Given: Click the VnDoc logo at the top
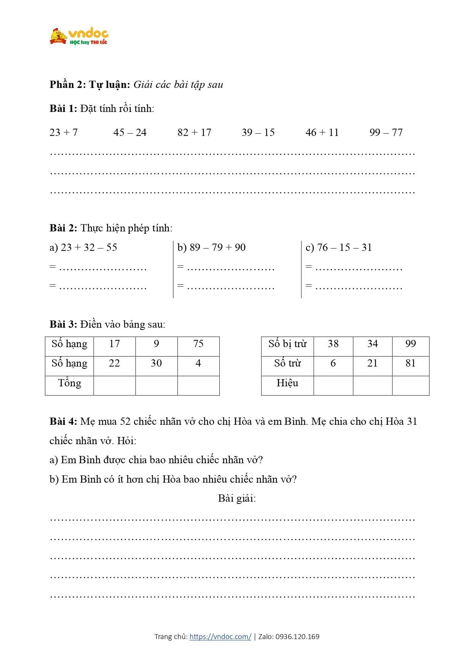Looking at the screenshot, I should [79, 37].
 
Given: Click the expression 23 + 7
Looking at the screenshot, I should [64, 132].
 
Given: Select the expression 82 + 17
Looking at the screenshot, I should [194, 132].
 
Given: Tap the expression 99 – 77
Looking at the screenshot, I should [386, 132].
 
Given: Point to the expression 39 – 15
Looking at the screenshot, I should [258, 132].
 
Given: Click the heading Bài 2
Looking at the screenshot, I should [63, 228].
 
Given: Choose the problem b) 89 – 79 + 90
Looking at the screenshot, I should [212, 247].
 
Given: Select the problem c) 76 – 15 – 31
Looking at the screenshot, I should [339, 247].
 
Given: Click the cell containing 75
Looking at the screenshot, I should [198, 344].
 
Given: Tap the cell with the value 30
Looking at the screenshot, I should [156, 363].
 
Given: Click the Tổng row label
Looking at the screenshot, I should [70, 383].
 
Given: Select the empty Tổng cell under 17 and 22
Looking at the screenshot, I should [115, 386].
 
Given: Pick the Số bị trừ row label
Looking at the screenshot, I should [287, 344].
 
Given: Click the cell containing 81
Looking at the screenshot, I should [410, 363].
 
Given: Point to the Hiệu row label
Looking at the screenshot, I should [287, 383].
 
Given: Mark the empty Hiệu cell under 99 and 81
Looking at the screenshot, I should [410, 386].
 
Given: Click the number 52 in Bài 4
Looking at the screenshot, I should [126, 422].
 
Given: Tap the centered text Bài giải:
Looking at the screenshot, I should [237, 499].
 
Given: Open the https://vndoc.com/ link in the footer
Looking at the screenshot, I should [220, 636].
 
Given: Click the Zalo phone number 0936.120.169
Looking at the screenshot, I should [297, 636].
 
